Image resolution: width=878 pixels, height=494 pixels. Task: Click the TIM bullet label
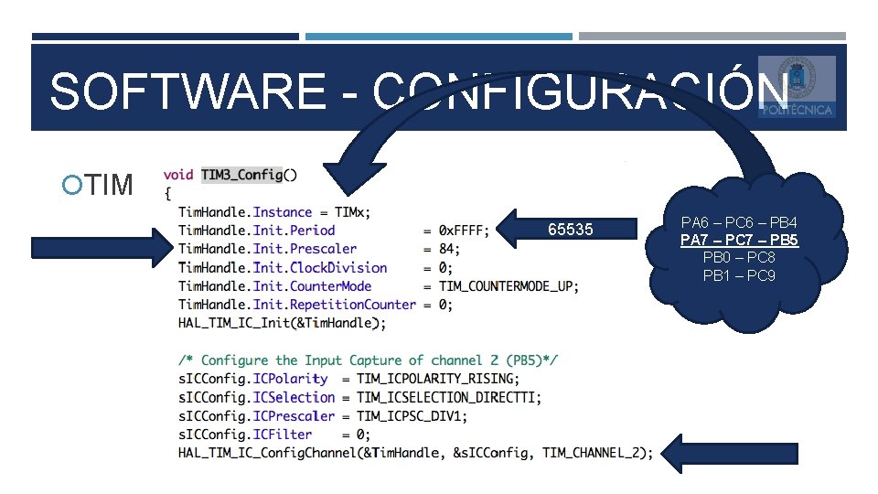point(111,185)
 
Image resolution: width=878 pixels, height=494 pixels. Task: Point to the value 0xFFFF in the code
point(465,231)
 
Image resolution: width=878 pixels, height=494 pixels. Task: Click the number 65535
point(570,230)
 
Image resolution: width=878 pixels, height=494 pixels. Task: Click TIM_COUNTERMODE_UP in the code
point(508,286)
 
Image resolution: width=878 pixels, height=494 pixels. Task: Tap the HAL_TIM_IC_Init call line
point(282,323)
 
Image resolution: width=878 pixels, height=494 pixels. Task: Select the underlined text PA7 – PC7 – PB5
point(740,241)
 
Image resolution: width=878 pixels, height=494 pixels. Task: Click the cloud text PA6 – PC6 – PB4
point(740,223)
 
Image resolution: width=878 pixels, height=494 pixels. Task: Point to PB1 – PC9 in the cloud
point(739,275)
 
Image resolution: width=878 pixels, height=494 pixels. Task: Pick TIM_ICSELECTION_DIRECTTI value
point(447,397)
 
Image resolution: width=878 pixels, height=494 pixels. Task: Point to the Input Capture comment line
point(369,360)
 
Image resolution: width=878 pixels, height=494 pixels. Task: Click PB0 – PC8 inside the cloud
point(739,258)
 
